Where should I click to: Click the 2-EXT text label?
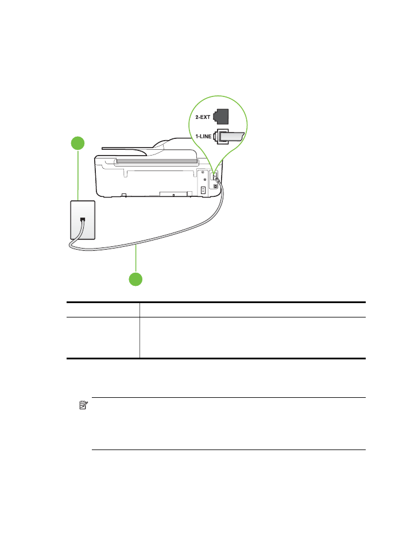coord(203,117)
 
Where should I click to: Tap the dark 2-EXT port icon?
coord(220,117)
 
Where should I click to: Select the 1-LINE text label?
coord(203,136)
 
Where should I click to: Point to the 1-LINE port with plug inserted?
coord(228,137)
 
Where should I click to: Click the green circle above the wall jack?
coord(78,143)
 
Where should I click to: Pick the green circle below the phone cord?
coord(135,280)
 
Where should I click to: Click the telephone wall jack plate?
coord(83,220)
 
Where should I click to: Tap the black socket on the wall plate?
coord(83,219)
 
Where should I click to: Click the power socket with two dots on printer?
coord(203,191)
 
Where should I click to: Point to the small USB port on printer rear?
coord(216,186)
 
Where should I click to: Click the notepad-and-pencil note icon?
coord(83,405)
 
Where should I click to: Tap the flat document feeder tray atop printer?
coord(124,149)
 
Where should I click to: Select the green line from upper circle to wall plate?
coord(78,175)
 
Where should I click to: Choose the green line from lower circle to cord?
coord(135,259)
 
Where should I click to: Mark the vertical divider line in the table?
coord(139,330)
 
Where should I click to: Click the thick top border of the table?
coord(216,302)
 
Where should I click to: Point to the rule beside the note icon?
coord(229,397)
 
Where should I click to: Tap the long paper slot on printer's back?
coord(157,162)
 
